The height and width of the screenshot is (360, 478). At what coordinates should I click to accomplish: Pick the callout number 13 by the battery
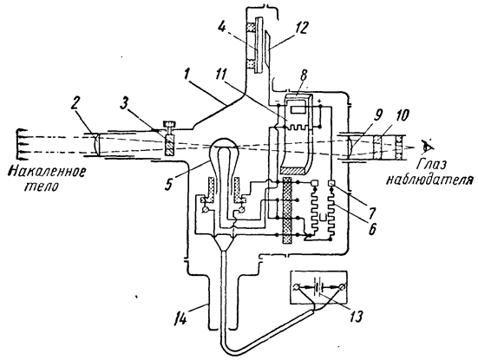[x=356, y=316]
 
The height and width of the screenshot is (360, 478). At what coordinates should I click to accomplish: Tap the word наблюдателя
[x=429, y=180]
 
